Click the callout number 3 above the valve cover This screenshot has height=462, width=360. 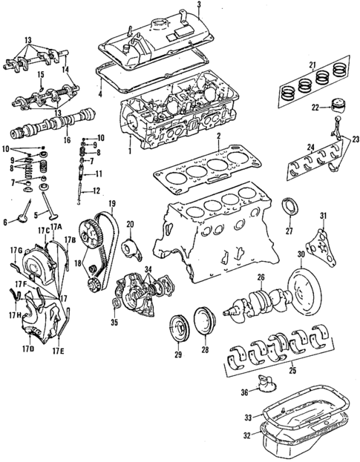200,7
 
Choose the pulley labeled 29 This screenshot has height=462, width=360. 178,329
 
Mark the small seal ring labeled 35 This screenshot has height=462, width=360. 116,304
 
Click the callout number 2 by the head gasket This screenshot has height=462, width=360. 218,138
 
